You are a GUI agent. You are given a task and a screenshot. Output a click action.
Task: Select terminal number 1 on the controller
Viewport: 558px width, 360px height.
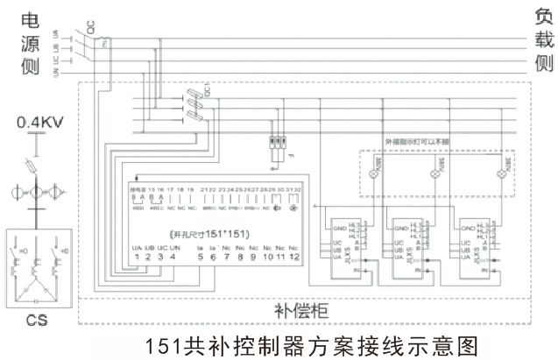pyautogui.click(x=138, y=258)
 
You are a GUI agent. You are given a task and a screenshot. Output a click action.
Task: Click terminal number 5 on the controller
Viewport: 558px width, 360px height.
pyautogui.click(x=201, y=258)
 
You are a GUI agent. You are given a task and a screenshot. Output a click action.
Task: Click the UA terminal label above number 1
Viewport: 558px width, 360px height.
pyautogui.click(x=137, y=249)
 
